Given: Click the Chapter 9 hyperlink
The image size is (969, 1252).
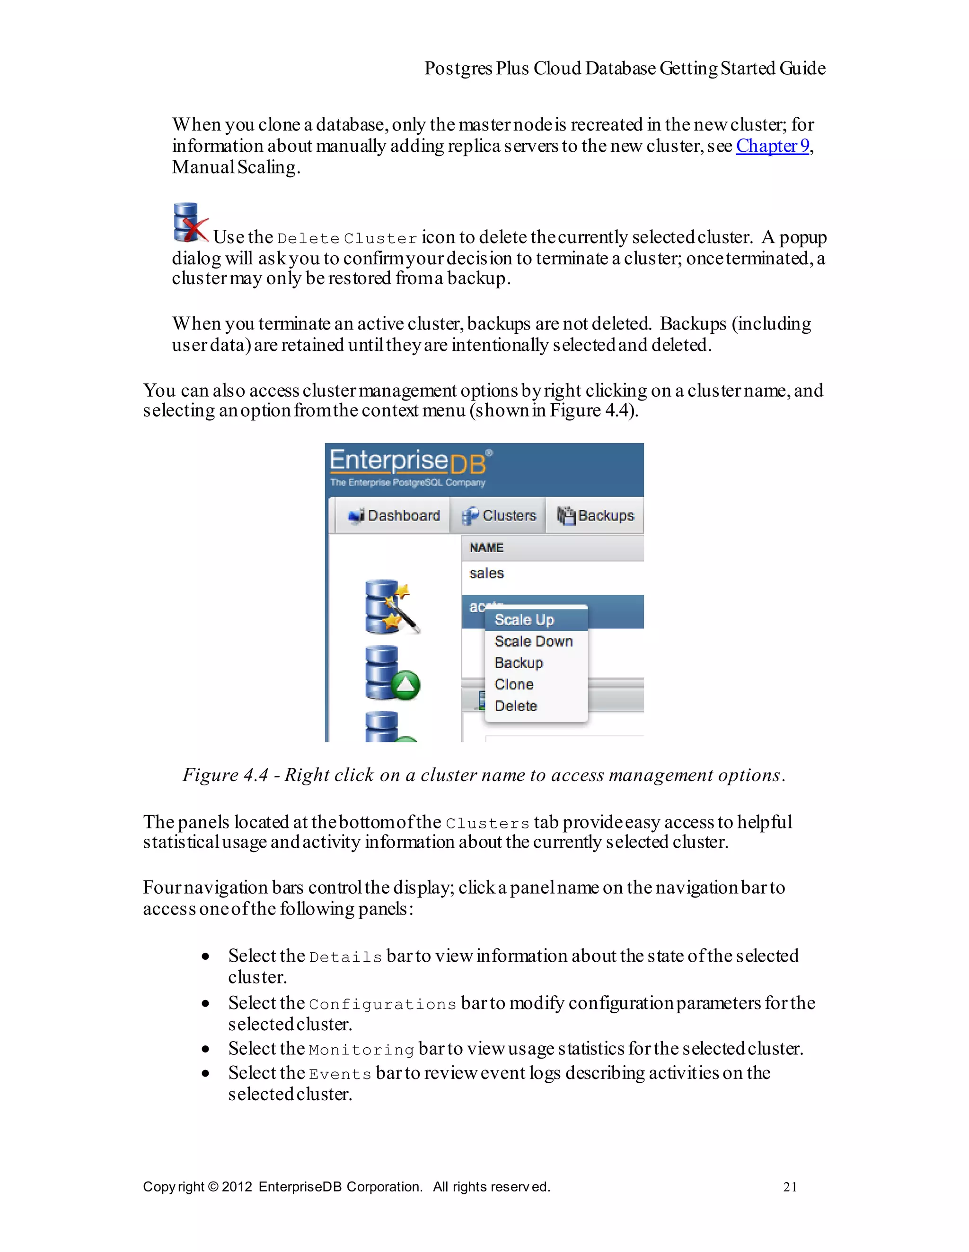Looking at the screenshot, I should click(x=772, y=146).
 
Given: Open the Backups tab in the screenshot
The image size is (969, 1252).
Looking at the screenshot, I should click(x=596, y=515).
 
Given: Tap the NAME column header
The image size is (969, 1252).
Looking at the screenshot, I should click(x=486, y=548).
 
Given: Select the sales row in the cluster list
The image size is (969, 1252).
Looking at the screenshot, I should click(x=486, y=573).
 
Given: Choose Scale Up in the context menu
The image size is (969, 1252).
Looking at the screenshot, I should click(x=524, y=620).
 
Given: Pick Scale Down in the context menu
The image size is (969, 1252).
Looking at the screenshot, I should click(x=533, y=642).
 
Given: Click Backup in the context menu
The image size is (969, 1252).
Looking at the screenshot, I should click(x=518, y=663).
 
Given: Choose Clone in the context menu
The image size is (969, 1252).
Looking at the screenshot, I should click(x=513, y=685).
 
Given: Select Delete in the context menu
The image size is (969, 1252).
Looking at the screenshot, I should click(x=515, y=706).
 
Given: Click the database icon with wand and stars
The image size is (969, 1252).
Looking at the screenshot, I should click(x=391, y=607).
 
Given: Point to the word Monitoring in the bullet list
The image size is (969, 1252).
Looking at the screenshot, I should click(x=361, y=1050).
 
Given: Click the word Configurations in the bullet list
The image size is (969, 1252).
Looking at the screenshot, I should click(x=382, y=1004).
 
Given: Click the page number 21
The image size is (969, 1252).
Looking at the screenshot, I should click(x=789, y=1187).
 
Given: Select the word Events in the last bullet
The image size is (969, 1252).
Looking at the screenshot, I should click(x=340, y=1074).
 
